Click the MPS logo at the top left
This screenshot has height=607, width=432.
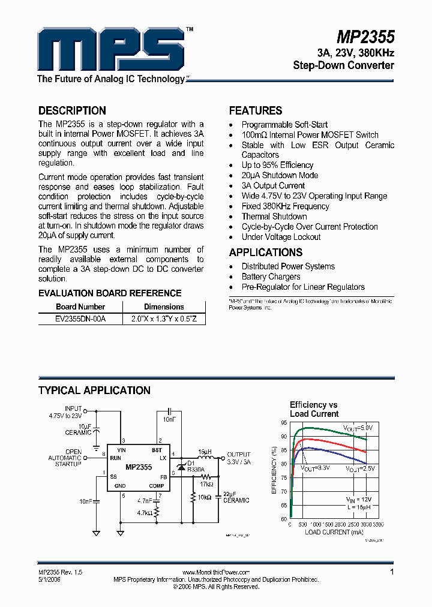click(x=110, y=49)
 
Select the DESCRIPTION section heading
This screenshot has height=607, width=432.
click(x=72, y=111)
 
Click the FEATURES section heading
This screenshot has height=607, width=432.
click(x=256, y=111)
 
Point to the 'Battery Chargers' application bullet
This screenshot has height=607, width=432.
click(x=271, y=277)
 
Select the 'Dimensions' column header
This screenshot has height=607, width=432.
click(x=164, y=306)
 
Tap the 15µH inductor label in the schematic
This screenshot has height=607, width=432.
click(x=205, y=451)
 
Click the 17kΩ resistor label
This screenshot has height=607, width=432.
click(x=207, y=484)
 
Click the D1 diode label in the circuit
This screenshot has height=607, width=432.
click(x=191, y=463)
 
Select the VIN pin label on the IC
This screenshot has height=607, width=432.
click(x=122, y=450)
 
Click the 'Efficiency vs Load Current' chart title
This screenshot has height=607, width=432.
click(x=314, y=409)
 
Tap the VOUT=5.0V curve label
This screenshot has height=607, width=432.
click(x=358, y=428)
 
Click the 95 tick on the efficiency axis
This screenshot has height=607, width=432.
click(x=283, y=422)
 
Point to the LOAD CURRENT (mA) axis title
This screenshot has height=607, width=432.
click(x=334, y=532)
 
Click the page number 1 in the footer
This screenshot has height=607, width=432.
click(x=392, y=572)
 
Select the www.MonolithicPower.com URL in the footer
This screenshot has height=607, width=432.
click(x=215, y=573)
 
